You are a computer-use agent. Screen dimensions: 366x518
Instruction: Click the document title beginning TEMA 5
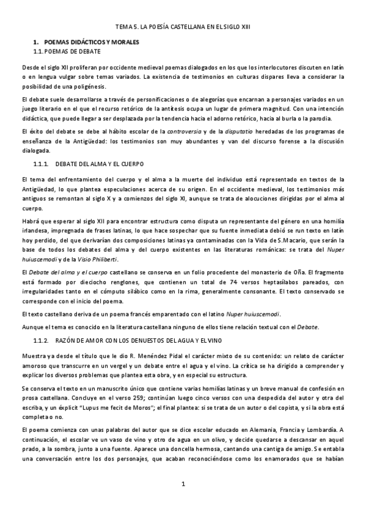coord(183,27)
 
